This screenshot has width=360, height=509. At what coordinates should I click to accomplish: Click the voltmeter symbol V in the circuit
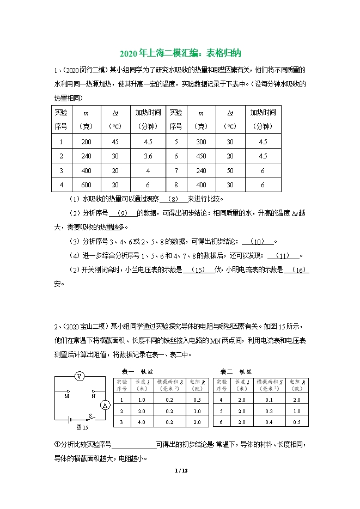point(80,376)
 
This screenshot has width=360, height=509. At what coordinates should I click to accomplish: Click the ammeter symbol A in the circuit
point(106,404)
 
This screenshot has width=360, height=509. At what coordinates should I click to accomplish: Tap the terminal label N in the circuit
point(93,396)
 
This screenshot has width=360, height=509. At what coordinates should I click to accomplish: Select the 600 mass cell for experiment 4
point(86,185)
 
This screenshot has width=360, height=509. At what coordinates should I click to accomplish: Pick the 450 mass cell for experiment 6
point(202,156)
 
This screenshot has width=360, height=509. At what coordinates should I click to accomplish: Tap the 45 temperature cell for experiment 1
point(115,142)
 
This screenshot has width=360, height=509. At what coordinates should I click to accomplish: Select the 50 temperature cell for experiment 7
point(230,170)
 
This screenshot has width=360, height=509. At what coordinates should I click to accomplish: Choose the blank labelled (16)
point(301,269)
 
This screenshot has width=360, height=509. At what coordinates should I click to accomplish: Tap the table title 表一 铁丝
point(137,371)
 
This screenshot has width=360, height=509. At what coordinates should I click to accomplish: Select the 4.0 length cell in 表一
point(142,422)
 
